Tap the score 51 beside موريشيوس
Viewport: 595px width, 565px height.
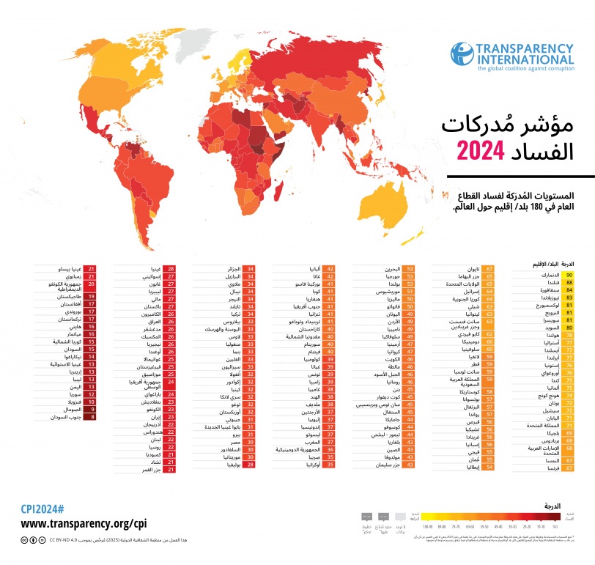coord(409,290)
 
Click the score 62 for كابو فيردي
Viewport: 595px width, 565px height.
coord(489,334)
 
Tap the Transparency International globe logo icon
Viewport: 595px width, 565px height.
coord(461,55)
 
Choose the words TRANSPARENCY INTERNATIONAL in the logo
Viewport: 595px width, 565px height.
coord(525,53)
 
